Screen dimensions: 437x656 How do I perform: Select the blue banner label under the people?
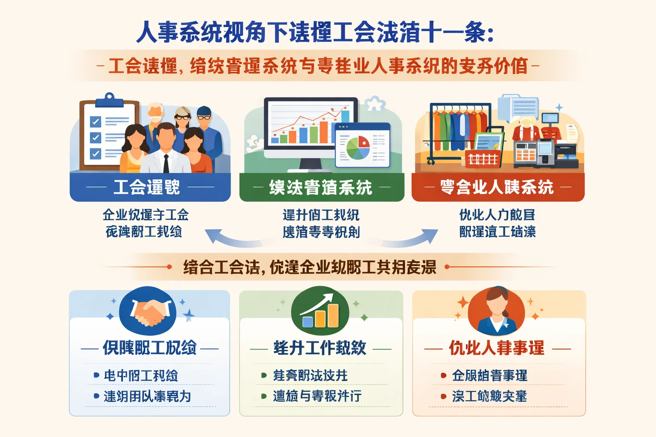pos(150,187)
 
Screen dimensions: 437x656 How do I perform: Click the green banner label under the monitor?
pos(321,187)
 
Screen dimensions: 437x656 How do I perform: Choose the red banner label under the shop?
pos(498,187)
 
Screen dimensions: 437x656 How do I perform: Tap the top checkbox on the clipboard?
pos(96,122)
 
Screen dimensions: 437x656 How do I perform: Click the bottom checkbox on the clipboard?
pos(96,153)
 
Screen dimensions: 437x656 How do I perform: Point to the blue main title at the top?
pos(315,32)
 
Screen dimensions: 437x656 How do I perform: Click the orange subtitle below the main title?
pos(318,66)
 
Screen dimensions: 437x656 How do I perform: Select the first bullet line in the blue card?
pos(141,376)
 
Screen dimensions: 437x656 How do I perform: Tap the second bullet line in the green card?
pos(317,396)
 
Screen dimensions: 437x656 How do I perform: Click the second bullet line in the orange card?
pos(489,396)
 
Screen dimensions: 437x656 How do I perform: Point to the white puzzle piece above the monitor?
pos(375,104)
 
